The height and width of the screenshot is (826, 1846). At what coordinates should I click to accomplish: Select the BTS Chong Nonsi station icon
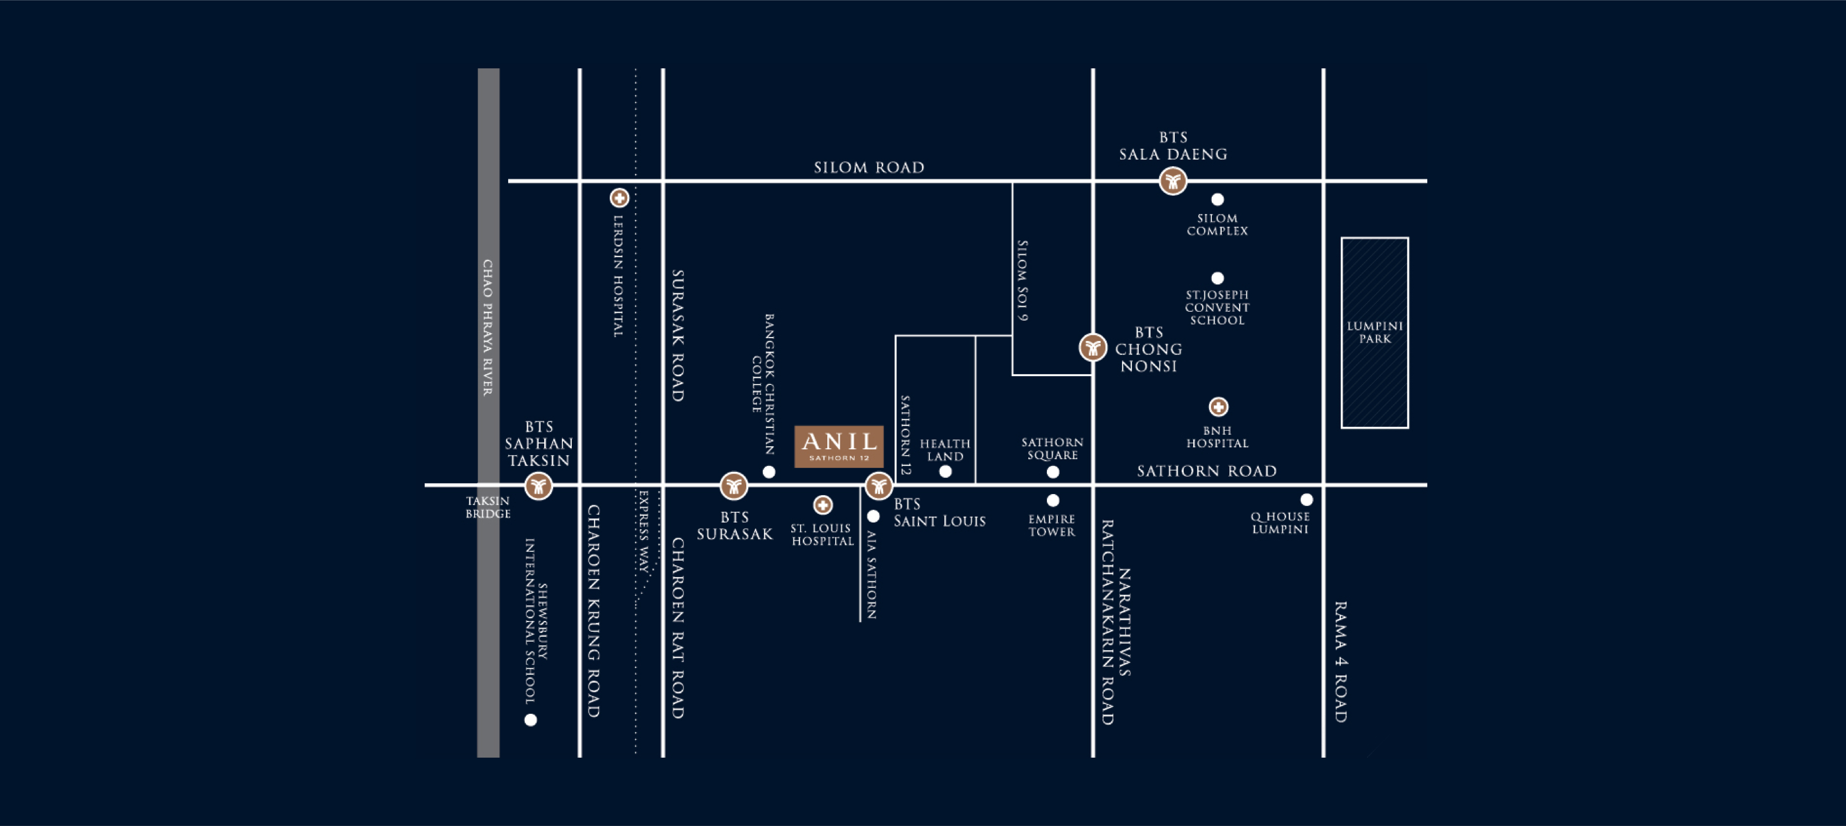[1093, 348]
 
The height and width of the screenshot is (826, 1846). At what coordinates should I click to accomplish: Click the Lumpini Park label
[1375, 332]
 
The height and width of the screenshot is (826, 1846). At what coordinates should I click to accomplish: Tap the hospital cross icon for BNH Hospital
[1218, 407]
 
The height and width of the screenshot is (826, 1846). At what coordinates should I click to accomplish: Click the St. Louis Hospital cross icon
[823, 505]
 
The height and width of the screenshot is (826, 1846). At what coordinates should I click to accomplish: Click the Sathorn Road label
[1207, 471]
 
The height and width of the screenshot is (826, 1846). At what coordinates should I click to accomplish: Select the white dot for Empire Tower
[1053, 500]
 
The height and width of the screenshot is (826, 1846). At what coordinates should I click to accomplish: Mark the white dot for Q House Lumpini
[1306, 499]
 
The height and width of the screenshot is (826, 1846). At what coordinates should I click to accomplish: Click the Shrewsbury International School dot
[530, 720]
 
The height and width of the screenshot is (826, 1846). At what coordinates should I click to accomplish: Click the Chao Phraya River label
[487, 327]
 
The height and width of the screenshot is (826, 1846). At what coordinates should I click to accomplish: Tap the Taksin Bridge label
[488, 507]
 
